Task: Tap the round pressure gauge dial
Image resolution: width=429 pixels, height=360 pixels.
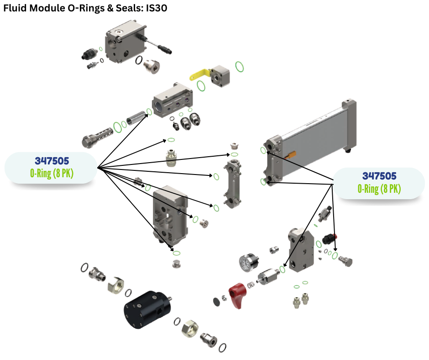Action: coord(247,262)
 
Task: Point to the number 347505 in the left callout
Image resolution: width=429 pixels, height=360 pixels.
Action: coord(52,161)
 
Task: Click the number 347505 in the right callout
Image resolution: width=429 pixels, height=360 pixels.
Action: coord(379,176)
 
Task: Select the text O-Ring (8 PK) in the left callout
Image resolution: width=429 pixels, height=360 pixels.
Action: coord(52,174)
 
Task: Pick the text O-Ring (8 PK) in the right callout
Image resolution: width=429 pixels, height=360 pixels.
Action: coord(379,189)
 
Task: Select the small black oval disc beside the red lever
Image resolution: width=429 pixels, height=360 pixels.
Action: coord(216,301)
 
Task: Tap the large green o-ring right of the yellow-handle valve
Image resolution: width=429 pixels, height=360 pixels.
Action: coord(239,67)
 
